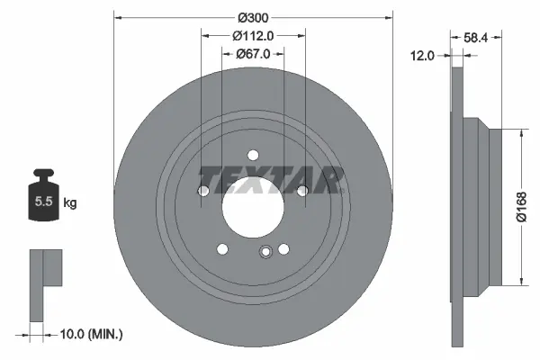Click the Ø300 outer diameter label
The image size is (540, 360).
254,15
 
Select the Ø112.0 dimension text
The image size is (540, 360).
253,36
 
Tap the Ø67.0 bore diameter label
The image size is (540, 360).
253,55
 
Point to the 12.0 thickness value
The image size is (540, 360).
422,55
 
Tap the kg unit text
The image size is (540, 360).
70,203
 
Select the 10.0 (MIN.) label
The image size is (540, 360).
90,334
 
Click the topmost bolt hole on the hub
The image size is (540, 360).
253,154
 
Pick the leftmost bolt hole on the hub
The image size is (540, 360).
203,191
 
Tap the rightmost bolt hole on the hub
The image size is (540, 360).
302,190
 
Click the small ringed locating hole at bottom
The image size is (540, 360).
265,253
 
